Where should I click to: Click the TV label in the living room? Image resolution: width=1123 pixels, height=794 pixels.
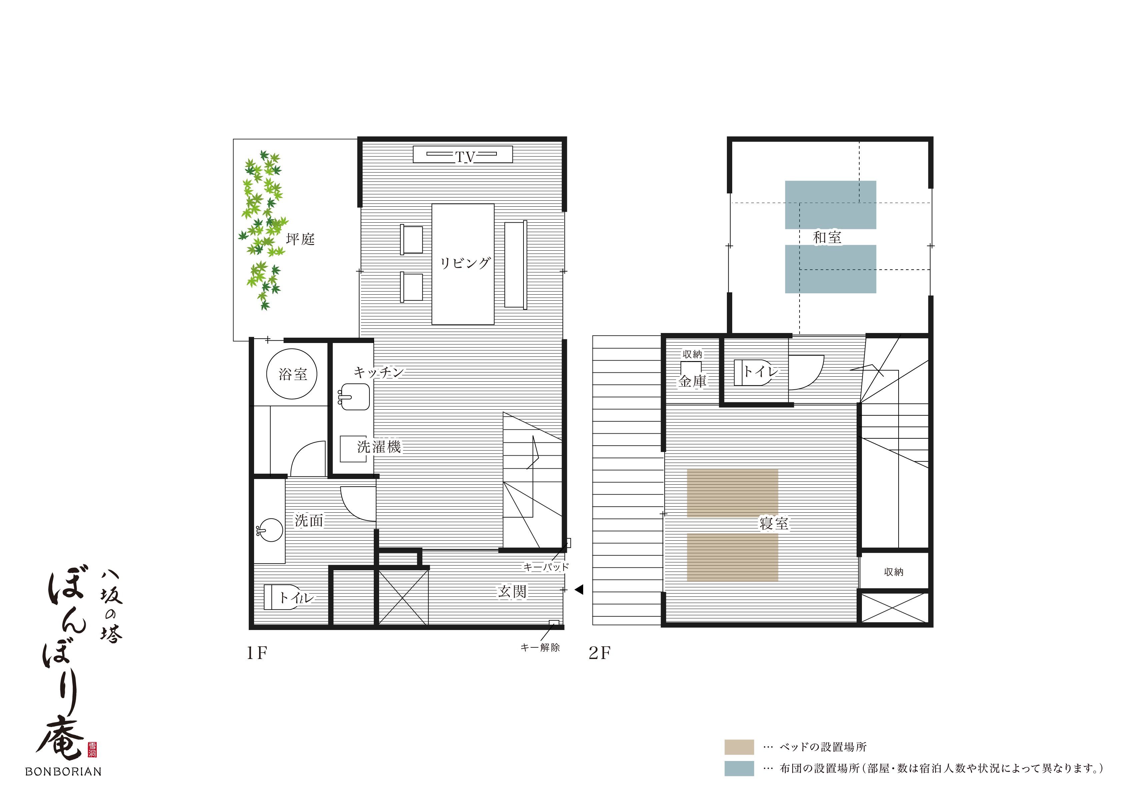tap(465, 157)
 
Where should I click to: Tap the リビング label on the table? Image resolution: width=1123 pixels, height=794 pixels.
tap(465, 263)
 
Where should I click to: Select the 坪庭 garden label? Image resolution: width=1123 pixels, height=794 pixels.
tap(300, 239)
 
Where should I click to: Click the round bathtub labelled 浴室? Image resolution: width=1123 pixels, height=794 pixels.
tap(291, 374)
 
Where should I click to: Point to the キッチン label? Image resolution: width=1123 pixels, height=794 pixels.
tap(378, 373)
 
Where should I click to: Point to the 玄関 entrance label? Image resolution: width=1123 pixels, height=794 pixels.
tap(512, 592)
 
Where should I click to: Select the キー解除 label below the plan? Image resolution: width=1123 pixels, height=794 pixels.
tap(540, 647)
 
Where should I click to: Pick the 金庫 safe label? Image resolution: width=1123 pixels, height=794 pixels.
tap(693, 381)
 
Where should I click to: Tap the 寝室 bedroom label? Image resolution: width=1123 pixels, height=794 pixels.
tap(774, 524)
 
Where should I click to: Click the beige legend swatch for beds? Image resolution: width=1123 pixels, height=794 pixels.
tap(739, 747)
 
